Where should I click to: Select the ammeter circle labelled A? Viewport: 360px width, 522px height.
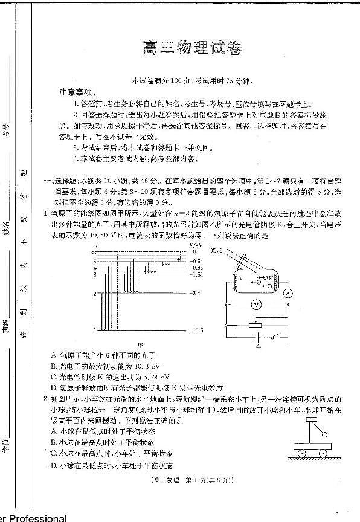pos(288,292)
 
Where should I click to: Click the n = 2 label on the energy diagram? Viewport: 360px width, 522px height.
pos(94,294)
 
